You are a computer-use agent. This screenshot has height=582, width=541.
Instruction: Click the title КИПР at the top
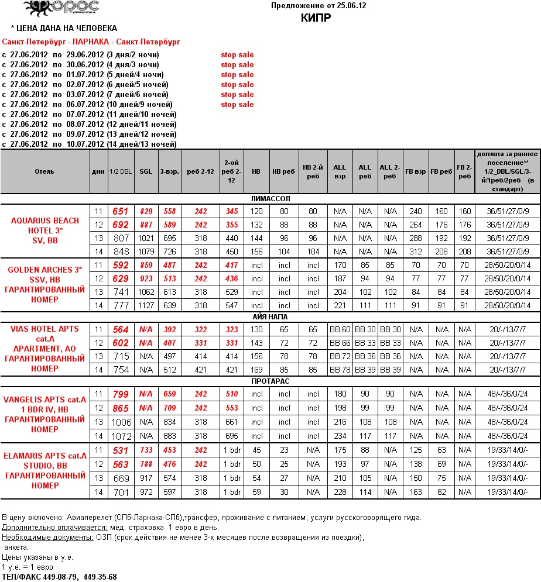pyautogui.click(x=316, y=17)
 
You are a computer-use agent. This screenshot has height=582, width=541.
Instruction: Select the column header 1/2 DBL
pyautogui.click(x=121, y=171)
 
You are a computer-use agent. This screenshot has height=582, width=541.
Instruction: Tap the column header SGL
pyautogui.click(x=146, y=171)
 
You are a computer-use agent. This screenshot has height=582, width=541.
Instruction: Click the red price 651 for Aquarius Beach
pyautogui.click(x=120, y=211)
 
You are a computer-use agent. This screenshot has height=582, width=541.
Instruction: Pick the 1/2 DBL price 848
pyautogui.click(x=121, y=252)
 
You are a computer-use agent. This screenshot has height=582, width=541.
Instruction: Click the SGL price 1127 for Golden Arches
pyautogui.click(x=146, y=305)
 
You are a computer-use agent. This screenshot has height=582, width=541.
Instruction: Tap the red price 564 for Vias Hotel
pyautogui.click(x=121, y=330)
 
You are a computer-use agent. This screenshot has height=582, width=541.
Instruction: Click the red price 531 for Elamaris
pyautogui.click(x=121, y=450)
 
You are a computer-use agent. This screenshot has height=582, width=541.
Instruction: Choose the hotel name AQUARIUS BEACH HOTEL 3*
pyautogui.click(x=45, y=225)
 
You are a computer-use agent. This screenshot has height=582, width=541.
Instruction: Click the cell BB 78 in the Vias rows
pyautogui.click(x=340, y=370)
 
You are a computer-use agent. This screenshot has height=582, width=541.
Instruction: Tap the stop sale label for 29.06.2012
pyautogui.click(x=237, y=55)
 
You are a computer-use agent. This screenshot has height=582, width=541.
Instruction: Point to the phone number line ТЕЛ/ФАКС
pyautogui.click(x=59, y=577)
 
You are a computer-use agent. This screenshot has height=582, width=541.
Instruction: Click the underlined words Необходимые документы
pyautogui.click(x=47, y=537)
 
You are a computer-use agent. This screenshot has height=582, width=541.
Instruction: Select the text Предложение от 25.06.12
pyautogui.click(x=319, y=5)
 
